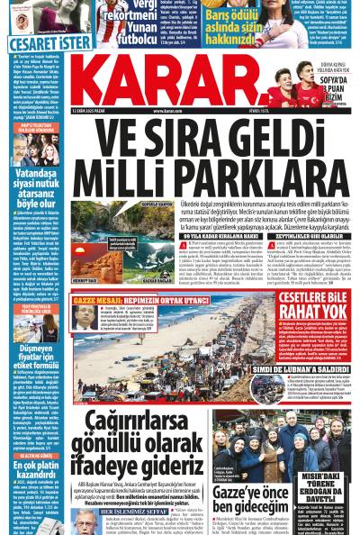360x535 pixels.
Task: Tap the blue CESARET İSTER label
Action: click(x=38, y=41)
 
